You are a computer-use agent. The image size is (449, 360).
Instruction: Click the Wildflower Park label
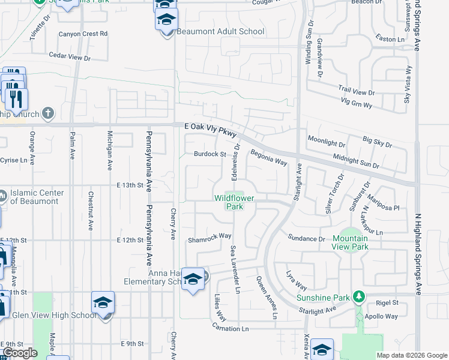pyautogui.click(x=229, y=202)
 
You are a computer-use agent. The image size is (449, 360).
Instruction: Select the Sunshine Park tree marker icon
pyautogui.click(x=359, y=296)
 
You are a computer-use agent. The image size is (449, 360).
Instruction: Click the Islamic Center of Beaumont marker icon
pyautogui.click(x=3, y=195)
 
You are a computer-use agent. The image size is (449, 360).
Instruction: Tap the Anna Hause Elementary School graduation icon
pyautogui.click(x=193, y=278)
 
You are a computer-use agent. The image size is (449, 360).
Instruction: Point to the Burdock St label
pyautogui.click(x=209, y=154)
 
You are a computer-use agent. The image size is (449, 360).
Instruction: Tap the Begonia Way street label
pyautogui.click(x=269, y=158)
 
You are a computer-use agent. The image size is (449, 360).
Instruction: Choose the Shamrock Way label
pyautogui.click(x=209, y=236)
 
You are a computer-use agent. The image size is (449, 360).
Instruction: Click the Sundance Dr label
pyautogui.click(x=306, y=239)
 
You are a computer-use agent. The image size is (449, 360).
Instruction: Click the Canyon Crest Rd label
pyautogui.click(x=83, y=34)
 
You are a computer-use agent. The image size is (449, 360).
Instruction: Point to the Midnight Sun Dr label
pyautogui.click(x=356, y=161)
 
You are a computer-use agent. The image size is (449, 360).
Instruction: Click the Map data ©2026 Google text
pyautogui.click(x=411, y=355)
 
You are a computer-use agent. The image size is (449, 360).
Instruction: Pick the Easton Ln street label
pyautogui.click(x=391, y=39)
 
